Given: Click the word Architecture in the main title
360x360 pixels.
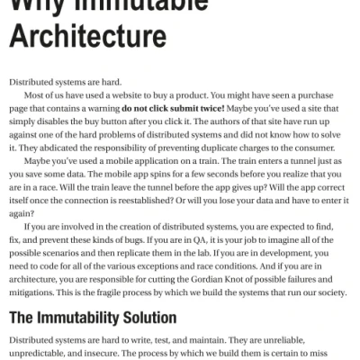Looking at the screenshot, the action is [x=87, y=37].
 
